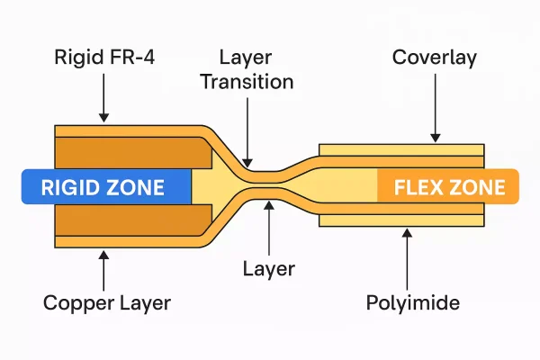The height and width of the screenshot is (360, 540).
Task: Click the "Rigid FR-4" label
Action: [104, 58]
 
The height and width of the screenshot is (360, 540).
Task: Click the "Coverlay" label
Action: [435, 58]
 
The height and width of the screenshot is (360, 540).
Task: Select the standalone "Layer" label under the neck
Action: [269, 268]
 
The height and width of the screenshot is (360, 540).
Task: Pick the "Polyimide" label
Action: [413, 302]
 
